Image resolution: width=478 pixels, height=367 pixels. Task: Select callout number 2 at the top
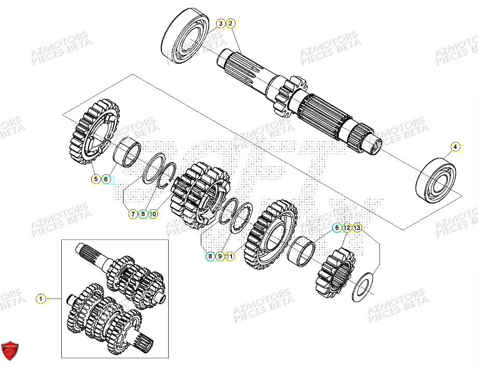click(231, 23)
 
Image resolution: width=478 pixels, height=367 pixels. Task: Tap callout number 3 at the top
click(221, 23)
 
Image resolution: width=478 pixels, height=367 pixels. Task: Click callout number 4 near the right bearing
click(455, 147)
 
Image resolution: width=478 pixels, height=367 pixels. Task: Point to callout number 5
click(96, 179)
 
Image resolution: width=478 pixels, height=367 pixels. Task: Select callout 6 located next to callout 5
click(106, 179)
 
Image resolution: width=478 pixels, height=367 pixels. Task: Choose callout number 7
click(132, 213)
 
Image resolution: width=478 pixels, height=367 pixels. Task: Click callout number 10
click(153, 213)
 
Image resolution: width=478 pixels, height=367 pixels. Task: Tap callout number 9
click(220, 256)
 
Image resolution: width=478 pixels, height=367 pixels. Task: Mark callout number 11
click(229, 256)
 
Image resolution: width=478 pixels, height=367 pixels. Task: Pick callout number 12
click(346, 228)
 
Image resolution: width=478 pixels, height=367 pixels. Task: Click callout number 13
click(357, 228)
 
